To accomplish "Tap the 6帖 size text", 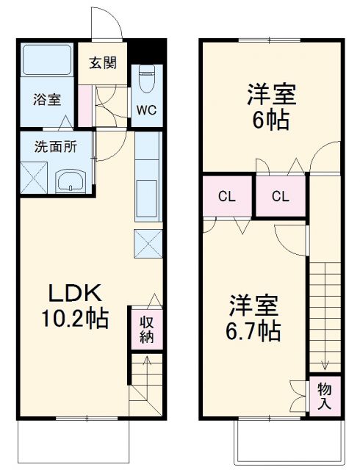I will tap(270, 119).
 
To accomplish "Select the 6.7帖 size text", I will tap(254, 330).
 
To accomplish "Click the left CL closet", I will tap(228, 196).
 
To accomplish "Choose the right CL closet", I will tap(280, 196).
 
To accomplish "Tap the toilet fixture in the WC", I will tap(145, 79).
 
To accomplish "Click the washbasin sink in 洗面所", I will tap(71, 181).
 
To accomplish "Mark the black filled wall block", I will tap(148, 52).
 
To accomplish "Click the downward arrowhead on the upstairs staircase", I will tap(324, 366).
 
